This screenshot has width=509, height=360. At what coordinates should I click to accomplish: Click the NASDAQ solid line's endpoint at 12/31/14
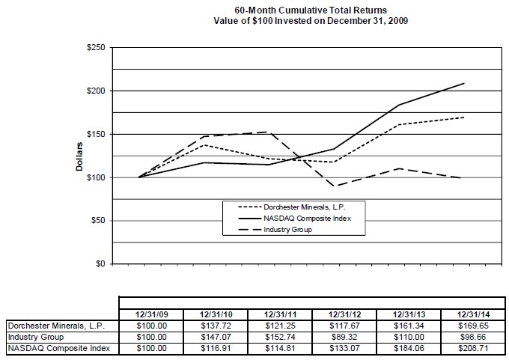pyautogui.click(x=464, y=83)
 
